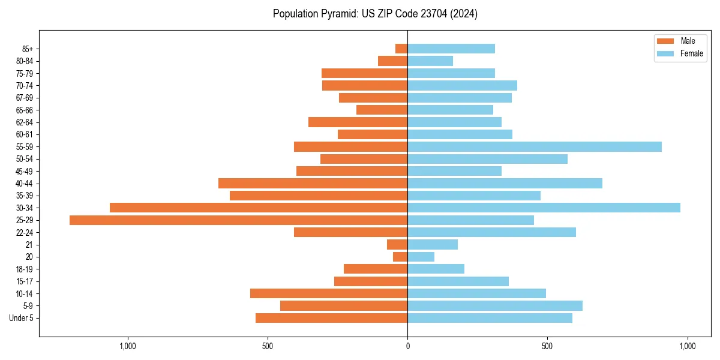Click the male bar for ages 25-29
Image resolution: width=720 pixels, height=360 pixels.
(238, 220)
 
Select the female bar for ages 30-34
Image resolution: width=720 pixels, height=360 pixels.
(544, 208)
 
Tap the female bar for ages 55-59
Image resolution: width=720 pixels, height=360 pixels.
(535, 146)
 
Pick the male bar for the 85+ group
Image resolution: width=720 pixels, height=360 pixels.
(401, 49)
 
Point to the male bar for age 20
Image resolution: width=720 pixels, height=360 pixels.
(400, 257)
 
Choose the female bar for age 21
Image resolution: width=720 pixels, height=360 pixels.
(433, 244)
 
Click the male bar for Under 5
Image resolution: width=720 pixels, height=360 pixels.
(331, 318)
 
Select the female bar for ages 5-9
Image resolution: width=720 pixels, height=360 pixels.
(495, 305)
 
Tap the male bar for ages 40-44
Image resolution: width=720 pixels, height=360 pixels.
(313, 183)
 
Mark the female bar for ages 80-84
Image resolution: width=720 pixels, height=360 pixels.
(430, 61)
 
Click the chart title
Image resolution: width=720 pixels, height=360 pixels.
(375, 14)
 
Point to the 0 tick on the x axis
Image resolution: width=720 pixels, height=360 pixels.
(407, 346)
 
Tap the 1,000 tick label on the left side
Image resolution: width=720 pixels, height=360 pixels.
(128, 346)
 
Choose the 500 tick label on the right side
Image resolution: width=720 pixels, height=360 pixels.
(547, 346)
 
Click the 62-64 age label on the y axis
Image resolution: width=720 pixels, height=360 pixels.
(25, 122)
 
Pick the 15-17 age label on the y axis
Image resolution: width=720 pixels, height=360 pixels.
(25, 281)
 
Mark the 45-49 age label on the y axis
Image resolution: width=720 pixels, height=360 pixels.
(25, 171)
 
